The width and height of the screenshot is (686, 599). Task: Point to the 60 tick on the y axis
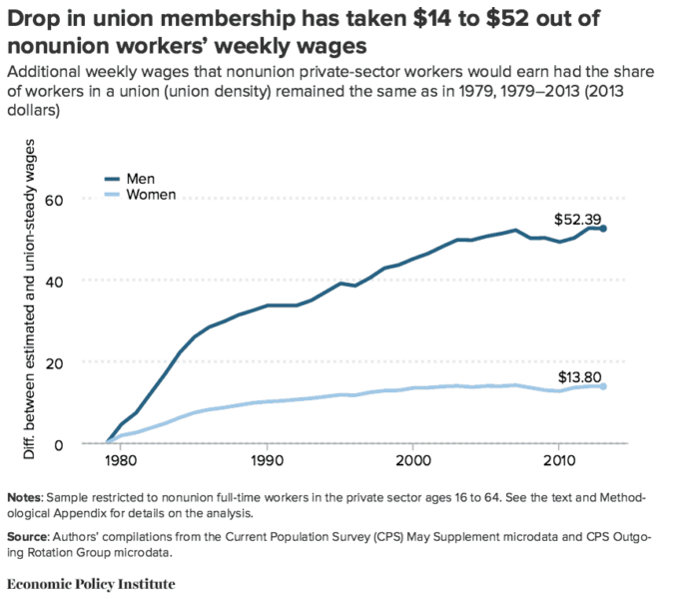pos(55,199)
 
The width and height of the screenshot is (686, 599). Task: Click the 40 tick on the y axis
pos(55,281)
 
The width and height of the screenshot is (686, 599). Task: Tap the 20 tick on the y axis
pos(55,361)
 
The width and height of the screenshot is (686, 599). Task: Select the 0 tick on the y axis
pos(59,443)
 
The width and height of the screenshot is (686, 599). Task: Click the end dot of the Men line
pos(603,229)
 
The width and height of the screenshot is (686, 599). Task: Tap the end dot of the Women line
pos(603,386)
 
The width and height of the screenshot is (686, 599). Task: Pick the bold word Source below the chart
pos(27,537)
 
